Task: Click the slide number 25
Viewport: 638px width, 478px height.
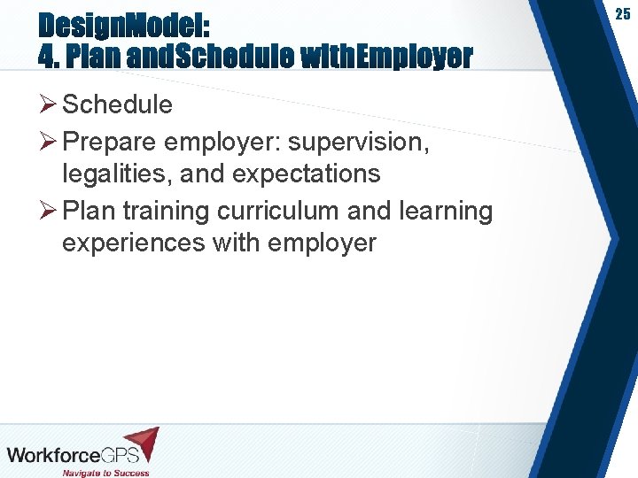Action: click(623, 14)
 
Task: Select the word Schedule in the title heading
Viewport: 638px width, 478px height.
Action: click(236, 57)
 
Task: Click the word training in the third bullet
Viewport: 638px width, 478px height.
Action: click(167, 212)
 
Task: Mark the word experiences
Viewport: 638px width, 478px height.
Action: click(134, 243)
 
